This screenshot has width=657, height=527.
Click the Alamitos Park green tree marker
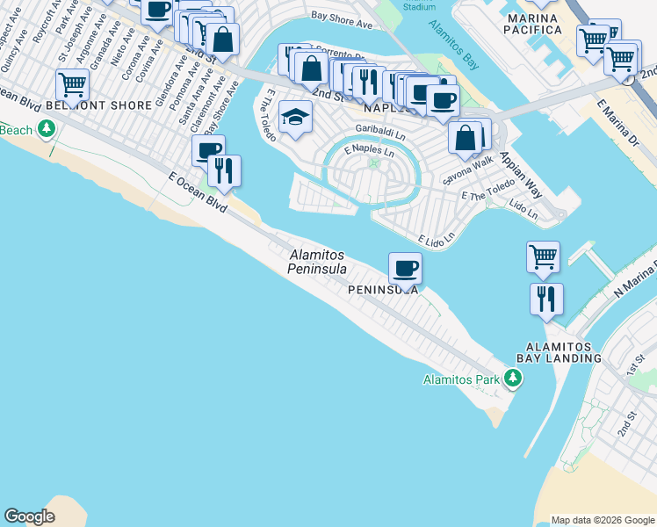point(513,379)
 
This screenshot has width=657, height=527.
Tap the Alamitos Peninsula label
point(317,262)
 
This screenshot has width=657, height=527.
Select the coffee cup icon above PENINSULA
point(405,267)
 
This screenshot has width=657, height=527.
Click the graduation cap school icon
point(296,117)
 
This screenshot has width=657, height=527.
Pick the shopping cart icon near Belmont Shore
point(72,85)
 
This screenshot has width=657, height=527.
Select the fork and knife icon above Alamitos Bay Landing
point(546,299)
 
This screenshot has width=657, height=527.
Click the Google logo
point(29,516)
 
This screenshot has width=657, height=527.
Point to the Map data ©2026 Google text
point(602,519)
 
